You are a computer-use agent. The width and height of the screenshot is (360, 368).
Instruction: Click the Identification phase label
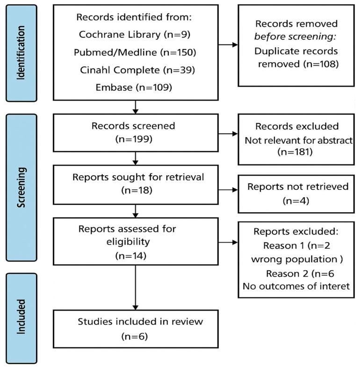coord(20,52)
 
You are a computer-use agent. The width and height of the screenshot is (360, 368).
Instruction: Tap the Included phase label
coord(20,317)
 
